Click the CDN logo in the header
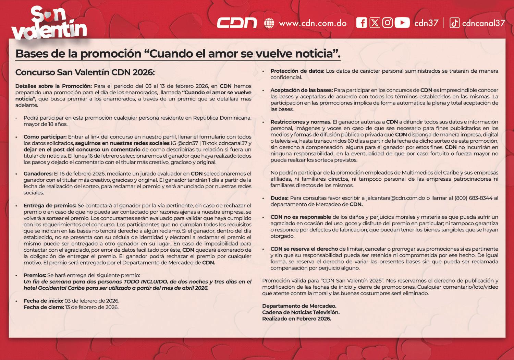[237, 23]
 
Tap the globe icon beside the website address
[269, 23]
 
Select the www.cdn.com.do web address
[313, 23]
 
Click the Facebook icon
[362, 23]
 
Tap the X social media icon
[375, 23]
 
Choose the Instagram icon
[388, 23]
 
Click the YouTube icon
[402, 23]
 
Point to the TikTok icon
[454, 23]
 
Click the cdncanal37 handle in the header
[484, 23]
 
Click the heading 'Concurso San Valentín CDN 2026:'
[85, 72]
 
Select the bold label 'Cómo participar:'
[45, 137]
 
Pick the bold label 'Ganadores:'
[38, 174]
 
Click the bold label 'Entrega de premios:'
[50, 206]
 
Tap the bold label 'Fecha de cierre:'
[44, 307]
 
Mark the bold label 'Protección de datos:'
[297, 71]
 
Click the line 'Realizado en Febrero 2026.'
[297, 319]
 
